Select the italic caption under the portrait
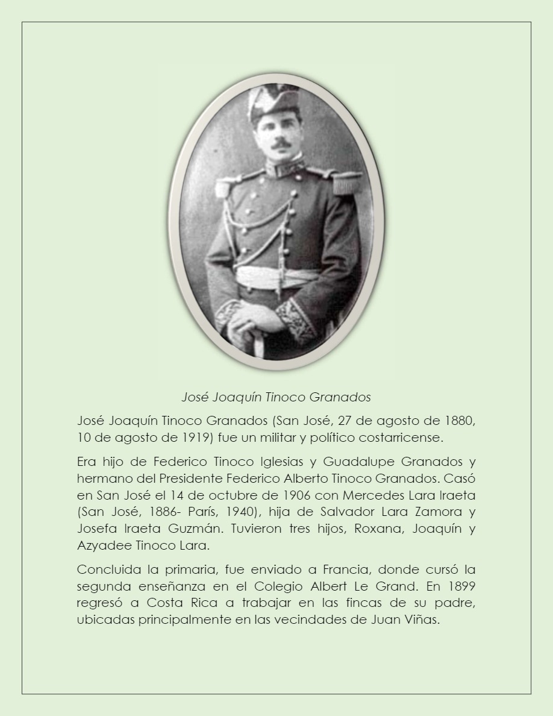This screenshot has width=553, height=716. click(x=276, y=397)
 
